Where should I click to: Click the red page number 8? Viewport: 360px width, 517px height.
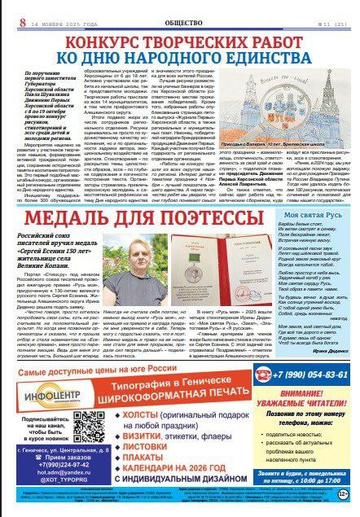7,11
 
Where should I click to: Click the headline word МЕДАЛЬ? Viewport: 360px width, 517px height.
76,199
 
